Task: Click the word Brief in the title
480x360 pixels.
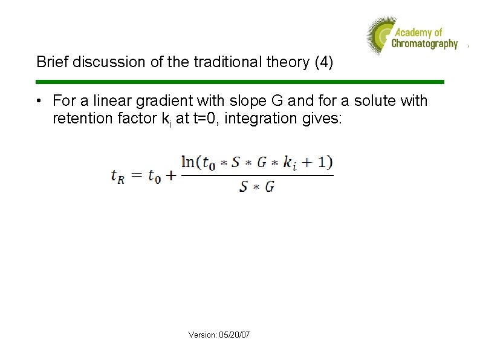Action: [x=50, y=62]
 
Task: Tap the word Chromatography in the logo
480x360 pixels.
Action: [x=424, y=44]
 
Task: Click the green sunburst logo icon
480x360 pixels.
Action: [x=380, y=36]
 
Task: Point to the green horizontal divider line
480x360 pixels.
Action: [x=240, y=82]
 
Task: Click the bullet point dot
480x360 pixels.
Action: [x=39, y=101]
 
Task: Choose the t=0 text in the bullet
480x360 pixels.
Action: [x=205, y=118]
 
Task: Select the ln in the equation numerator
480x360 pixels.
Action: [x=188, y=162]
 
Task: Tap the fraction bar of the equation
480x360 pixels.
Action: [x=257, y=175]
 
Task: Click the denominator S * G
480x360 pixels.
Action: [x=257, y=187]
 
